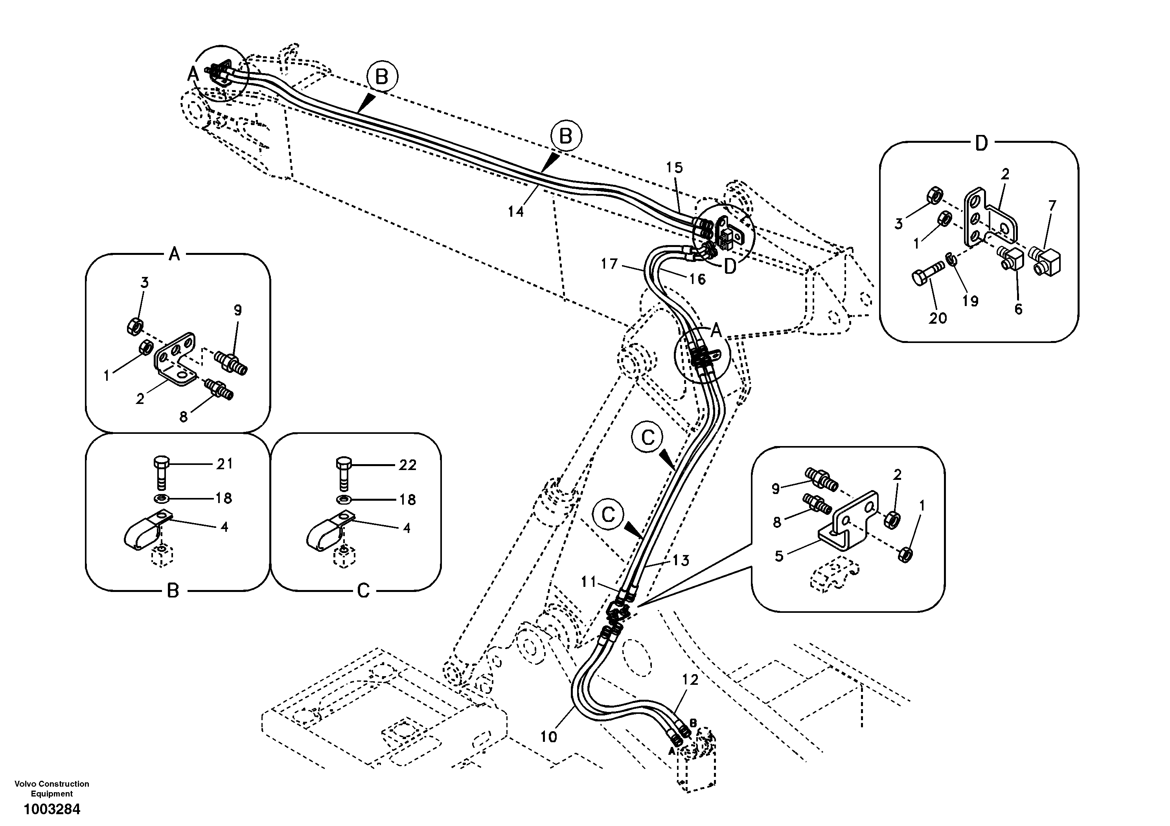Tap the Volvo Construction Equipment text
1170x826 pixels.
click(x=52, y=788)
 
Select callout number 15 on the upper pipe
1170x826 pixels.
click(x=674, y=167)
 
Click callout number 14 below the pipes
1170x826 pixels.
click(x=516, y=212)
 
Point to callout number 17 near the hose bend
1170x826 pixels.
click(x=609, y=264)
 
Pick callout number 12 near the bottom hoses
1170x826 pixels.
click(x=690, y=680)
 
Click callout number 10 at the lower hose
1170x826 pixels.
click(x=549, y=737)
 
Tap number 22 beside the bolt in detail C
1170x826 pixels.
click(x=408, y=465)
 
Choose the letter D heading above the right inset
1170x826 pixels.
click(x=981, y=144)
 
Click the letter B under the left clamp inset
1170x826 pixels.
click(x=173, y=591)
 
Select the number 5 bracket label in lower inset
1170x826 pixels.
click(x=779, y=556)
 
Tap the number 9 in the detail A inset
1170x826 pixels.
click(x=237, y=310)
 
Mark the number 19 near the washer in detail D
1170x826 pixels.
click(x=970, y=301)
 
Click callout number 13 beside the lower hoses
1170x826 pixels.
click(x=681, y=561)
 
